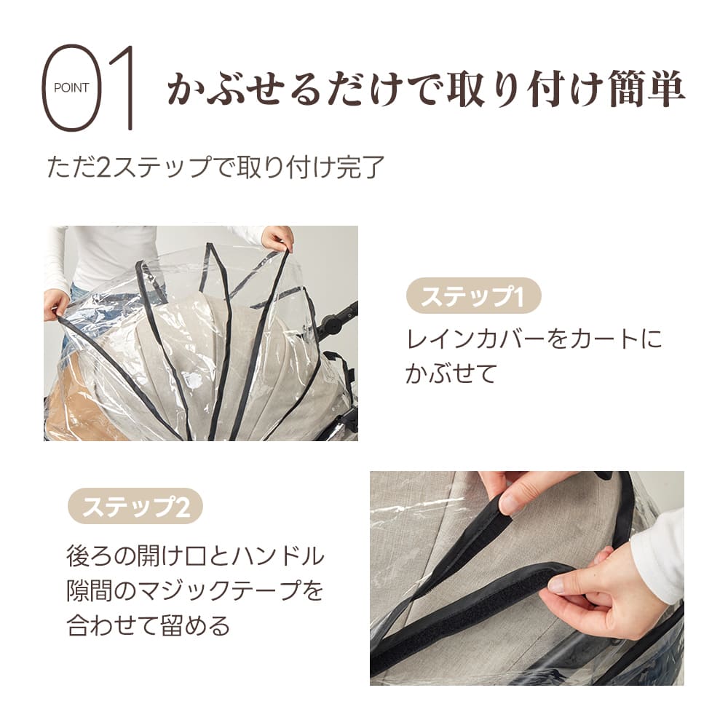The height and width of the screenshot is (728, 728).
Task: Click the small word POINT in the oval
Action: click(x=71, y=88)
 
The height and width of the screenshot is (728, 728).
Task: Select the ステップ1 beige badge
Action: click(x=473, y=297)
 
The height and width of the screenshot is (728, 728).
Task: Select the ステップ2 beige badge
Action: click(x=135, y=507)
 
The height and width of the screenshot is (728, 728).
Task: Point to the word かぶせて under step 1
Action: click(x=451, y=373)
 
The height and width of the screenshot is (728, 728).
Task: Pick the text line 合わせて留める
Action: click(x=149, y=625)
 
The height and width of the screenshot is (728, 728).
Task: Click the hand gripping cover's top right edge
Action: click(x=277, y=237)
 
